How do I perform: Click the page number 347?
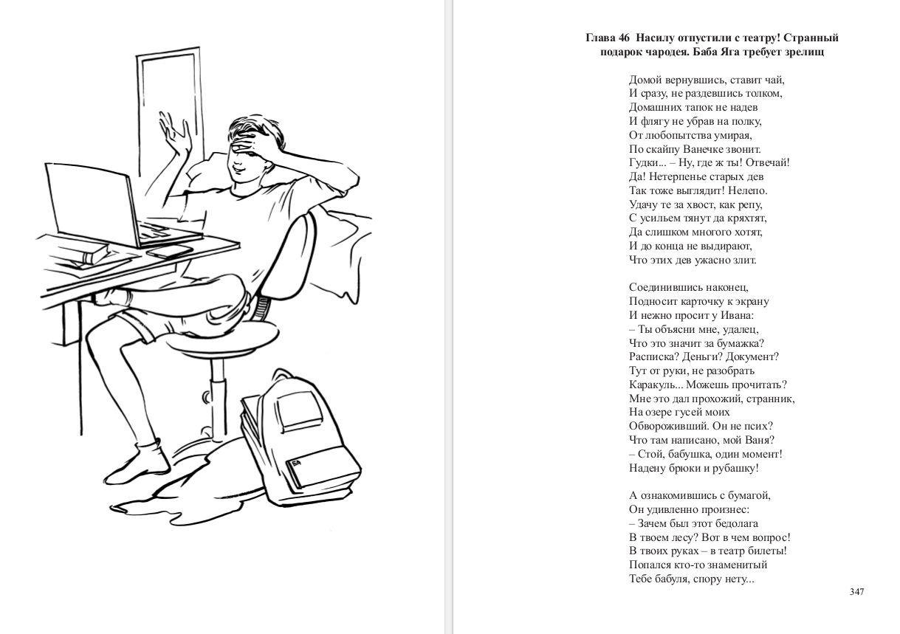point(856,591)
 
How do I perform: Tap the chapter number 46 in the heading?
point(624,38)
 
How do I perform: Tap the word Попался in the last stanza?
point(648,565)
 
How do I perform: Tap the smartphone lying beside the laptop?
point(170,251)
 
